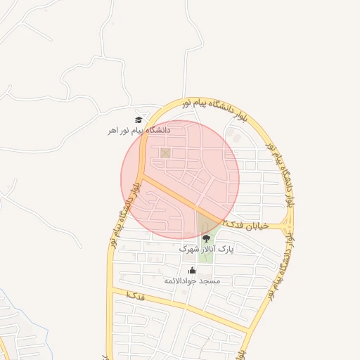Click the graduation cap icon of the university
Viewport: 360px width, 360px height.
click(139, 120)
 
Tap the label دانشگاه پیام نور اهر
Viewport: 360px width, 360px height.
click(139, 130)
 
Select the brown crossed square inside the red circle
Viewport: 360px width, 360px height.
click(165, 153)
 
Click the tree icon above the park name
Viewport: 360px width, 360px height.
click(206, 239)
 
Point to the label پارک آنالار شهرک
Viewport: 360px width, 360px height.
click(206, 249)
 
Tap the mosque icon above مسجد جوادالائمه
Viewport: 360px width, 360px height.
click(192, 271)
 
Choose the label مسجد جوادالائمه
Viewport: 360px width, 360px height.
click(192, 281)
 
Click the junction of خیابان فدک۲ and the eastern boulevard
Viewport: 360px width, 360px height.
click(289, 226)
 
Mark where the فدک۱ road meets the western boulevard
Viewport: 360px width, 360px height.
click(112, 290)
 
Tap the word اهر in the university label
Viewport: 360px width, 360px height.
click(112, 130)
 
